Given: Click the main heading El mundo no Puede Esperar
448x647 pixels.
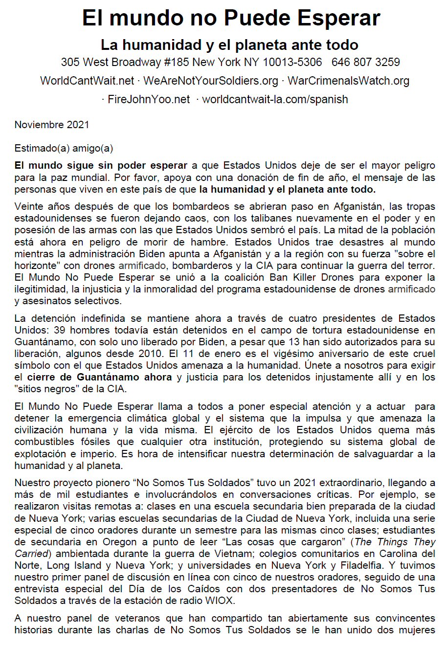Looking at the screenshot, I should (231, 18).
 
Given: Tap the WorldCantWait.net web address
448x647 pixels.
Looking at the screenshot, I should (87, 81).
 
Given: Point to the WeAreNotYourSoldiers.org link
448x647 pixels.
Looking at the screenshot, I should (211, 81).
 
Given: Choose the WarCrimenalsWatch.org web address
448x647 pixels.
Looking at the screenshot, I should (348, 81).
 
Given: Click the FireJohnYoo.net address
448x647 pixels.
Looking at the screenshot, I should (149, 99).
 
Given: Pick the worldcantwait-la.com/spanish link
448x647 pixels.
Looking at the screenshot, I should (275, 99).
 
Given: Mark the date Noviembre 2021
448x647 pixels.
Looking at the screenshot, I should (52, 124).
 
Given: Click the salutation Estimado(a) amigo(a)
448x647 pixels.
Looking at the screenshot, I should (64, 148).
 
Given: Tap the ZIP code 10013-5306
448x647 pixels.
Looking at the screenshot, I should (292, 62).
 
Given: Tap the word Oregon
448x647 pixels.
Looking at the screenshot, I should (120, 542).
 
